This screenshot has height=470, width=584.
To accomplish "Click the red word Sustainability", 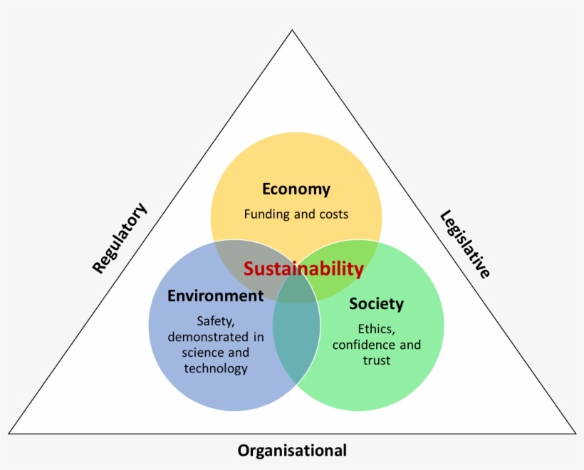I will [303, 268].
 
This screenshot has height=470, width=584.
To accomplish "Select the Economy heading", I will [296, 189].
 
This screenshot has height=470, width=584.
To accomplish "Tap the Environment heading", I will [215, 295].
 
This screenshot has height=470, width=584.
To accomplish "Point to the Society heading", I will [376, 304].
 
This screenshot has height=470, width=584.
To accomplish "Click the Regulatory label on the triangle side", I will [120, 238].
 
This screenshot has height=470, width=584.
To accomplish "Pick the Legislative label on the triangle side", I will [465, 244].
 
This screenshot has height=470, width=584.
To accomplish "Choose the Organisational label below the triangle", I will [292, 450].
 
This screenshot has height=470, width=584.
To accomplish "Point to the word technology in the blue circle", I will [216, 368].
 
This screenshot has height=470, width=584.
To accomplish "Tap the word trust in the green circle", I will [376, 360].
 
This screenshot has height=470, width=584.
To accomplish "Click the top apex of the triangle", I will [292, 30].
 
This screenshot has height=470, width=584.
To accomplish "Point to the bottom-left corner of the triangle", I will [9, 433].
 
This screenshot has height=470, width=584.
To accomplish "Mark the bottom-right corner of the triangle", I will [575, 433].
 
